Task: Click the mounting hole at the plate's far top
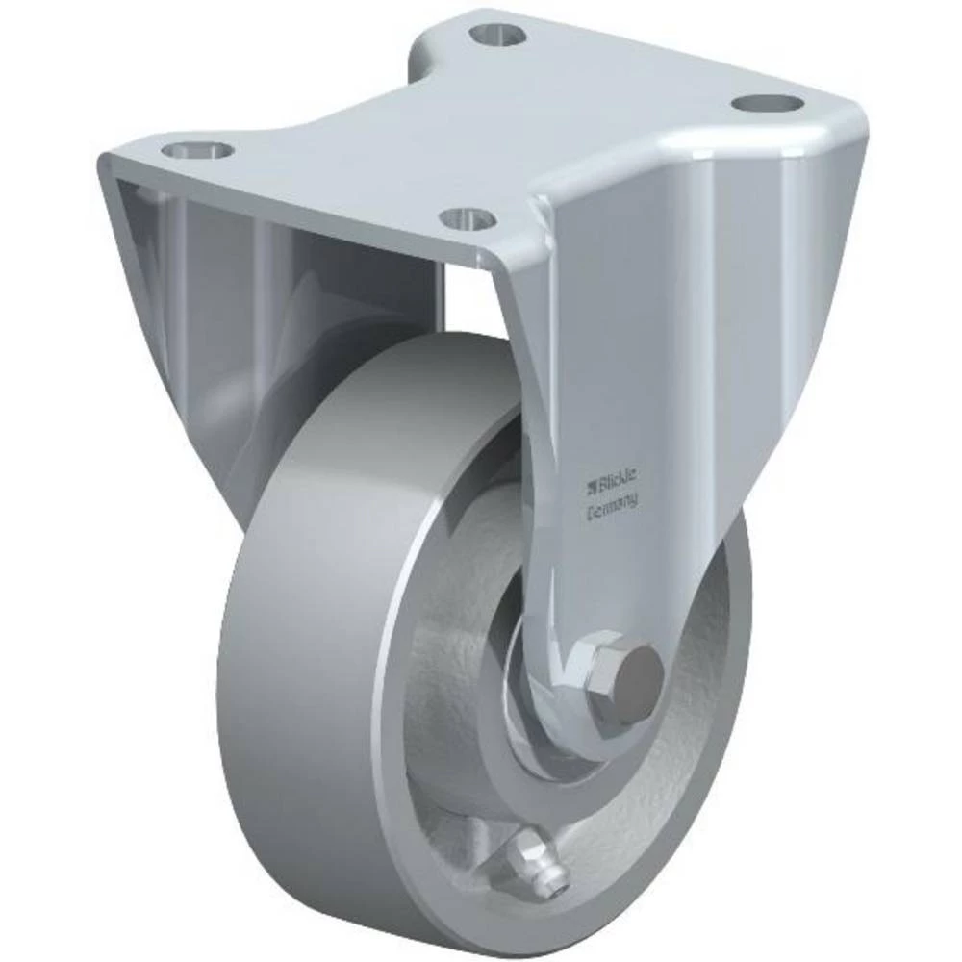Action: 499,35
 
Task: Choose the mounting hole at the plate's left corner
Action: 196,150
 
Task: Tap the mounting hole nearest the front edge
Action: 471,217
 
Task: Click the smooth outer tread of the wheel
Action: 289,673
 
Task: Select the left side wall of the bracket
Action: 183,317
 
